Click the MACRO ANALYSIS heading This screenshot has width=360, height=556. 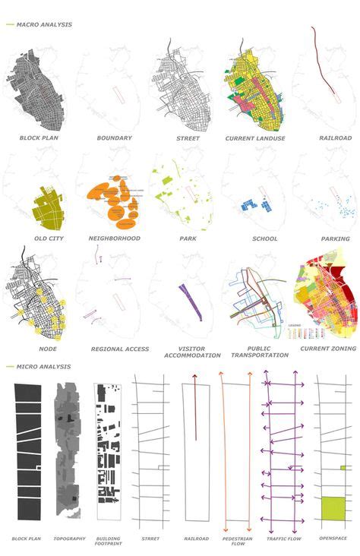tap(45, 25)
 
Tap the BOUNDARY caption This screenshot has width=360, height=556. tap(114, 138)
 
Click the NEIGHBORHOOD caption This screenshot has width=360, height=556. tap(113, 239)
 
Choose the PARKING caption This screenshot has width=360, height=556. tap(335, 239)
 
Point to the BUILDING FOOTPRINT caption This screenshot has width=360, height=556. tap(107, 542)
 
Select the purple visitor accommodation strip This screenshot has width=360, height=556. tap(188, 297)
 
